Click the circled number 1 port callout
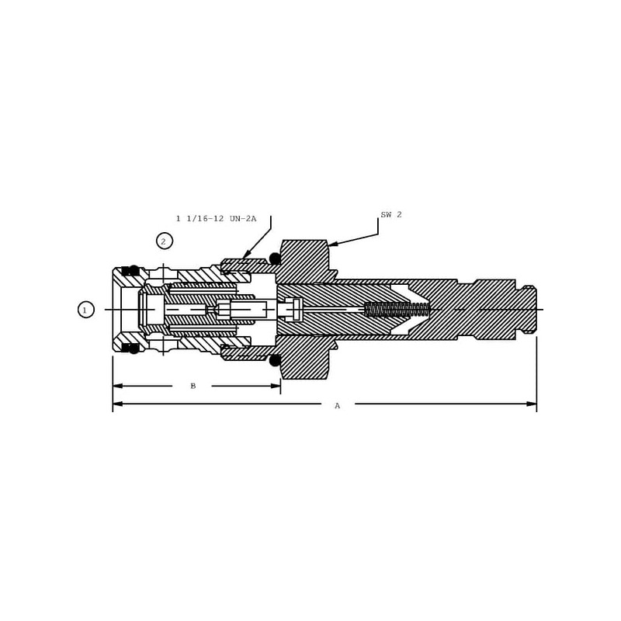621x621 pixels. [86, 310]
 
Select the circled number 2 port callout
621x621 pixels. [165, 241]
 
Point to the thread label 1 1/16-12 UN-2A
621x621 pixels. [217, 218]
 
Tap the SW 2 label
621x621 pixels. [391, 215]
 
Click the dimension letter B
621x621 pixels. [193, 386]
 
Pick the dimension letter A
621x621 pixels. [337, 405]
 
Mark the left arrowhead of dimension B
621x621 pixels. [118, 386]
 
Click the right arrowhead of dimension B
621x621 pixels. [276, 386]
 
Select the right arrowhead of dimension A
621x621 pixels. [532, 404]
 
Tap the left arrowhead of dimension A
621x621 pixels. [118, 404]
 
